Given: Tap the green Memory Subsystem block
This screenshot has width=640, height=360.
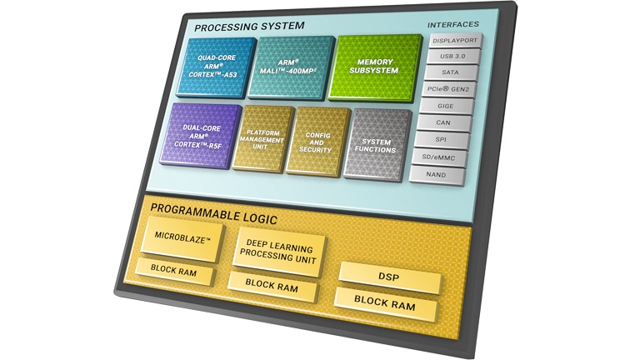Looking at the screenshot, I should (x=374, y=67).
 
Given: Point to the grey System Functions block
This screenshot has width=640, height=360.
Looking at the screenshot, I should (x=377, y=146).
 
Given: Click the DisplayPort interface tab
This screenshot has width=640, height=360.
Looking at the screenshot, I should (x=453, y=38).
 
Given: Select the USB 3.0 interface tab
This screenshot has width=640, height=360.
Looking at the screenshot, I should (x=453, y=55).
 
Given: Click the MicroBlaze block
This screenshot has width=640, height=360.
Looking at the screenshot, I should (x=182, y=238).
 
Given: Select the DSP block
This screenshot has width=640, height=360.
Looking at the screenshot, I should (x=387, y=273).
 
